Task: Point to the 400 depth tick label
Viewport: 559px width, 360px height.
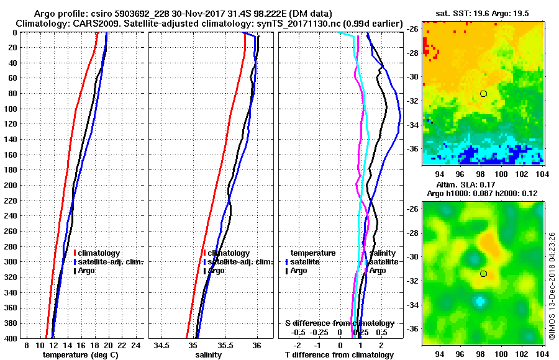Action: click(x=11, y=338)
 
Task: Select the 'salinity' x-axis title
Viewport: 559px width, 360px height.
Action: click(x=207, y=355)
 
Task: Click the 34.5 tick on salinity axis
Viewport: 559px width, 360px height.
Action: click(x=161, y=346)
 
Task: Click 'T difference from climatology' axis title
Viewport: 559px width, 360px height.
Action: click(x=339, y=355)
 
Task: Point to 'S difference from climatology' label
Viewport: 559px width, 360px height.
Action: click(x=339, y=323)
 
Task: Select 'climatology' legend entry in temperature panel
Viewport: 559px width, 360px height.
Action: click(x=98, y=253)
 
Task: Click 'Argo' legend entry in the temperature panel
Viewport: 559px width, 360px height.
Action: click(x=87, y=271)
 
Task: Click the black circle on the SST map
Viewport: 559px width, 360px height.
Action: click(x=483, y=94)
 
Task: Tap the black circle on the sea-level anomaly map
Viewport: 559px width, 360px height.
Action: click(x=483, y=274)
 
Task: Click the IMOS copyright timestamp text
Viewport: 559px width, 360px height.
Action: click(x=552, y=286)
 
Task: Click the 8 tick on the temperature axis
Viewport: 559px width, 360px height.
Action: click(x=26, y=346)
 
